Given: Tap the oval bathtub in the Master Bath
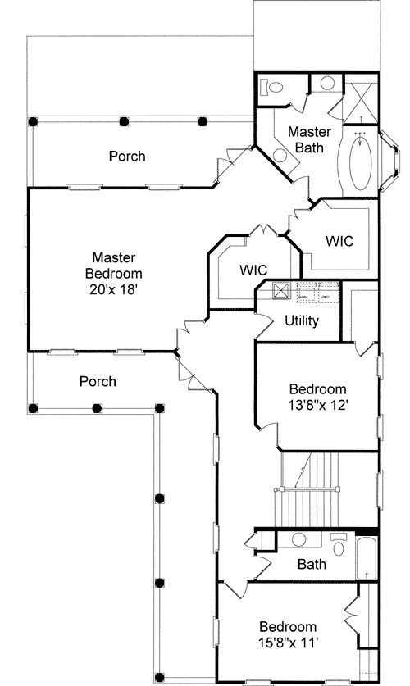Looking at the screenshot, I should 360,161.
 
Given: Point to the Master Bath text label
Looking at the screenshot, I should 309,139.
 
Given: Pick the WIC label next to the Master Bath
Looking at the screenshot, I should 339,241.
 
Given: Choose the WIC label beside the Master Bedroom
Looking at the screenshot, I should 253,269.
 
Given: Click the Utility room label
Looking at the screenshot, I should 301,320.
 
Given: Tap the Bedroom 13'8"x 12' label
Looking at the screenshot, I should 318,397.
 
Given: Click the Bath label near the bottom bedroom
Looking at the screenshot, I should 312,564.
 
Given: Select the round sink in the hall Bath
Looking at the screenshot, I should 299,540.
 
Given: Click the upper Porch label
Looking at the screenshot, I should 127,156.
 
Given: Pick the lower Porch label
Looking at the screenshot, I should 98,381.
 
